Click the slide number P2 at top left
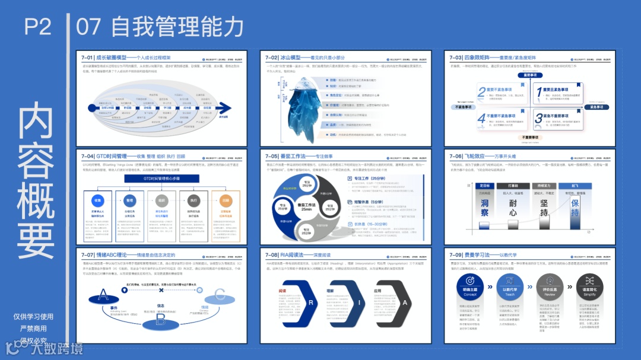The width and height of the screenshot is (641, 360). click(x=38, y=27)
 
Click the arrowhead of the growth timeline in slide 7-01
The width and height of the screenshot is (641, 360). click(x=224, y=109)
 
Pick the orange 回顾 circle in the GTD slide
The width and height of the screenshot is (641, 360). click(x=225, y=200)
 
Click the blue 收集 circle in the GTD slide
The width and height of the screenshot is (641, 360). click(x=99, y=200)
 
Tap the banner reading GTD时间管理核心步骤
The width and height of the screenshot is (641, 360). click(x=161, y=178)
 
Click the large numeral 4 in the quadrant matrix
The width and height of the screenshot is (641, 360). click(x=481, y=119)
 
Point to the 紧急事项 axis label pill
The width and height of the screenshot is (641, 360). click(x=594, y=107)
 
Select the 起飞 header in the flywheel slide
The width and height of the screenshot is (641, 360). click(x=575, y=186)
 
